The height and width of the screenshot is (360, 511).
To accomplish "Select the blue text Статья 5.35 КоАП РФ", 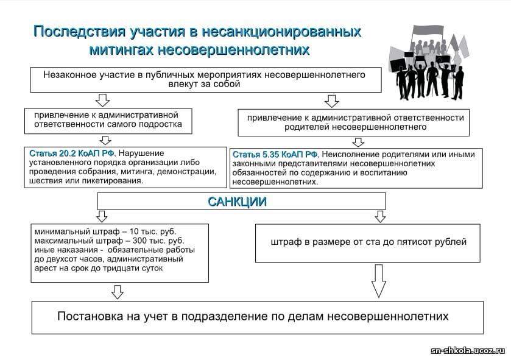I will [x=275, y=154].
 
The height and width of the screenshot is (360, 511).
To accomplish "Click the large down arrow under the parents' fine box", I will [x=379, y=281].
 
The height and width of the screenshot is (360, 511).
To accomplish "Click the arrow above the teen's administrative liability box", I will [x=102, y=100].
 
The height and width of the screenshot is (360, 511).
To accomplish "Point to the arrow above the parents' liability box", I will [x=331, y=101].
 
